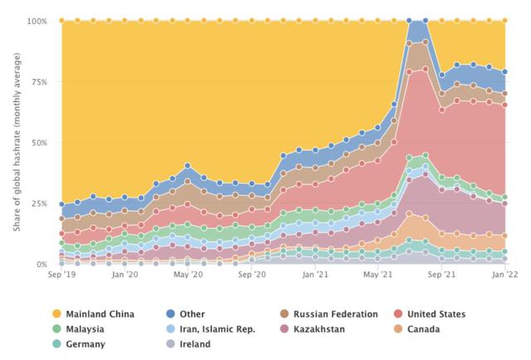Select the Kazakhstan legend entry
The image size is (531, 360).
point(318,329)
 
